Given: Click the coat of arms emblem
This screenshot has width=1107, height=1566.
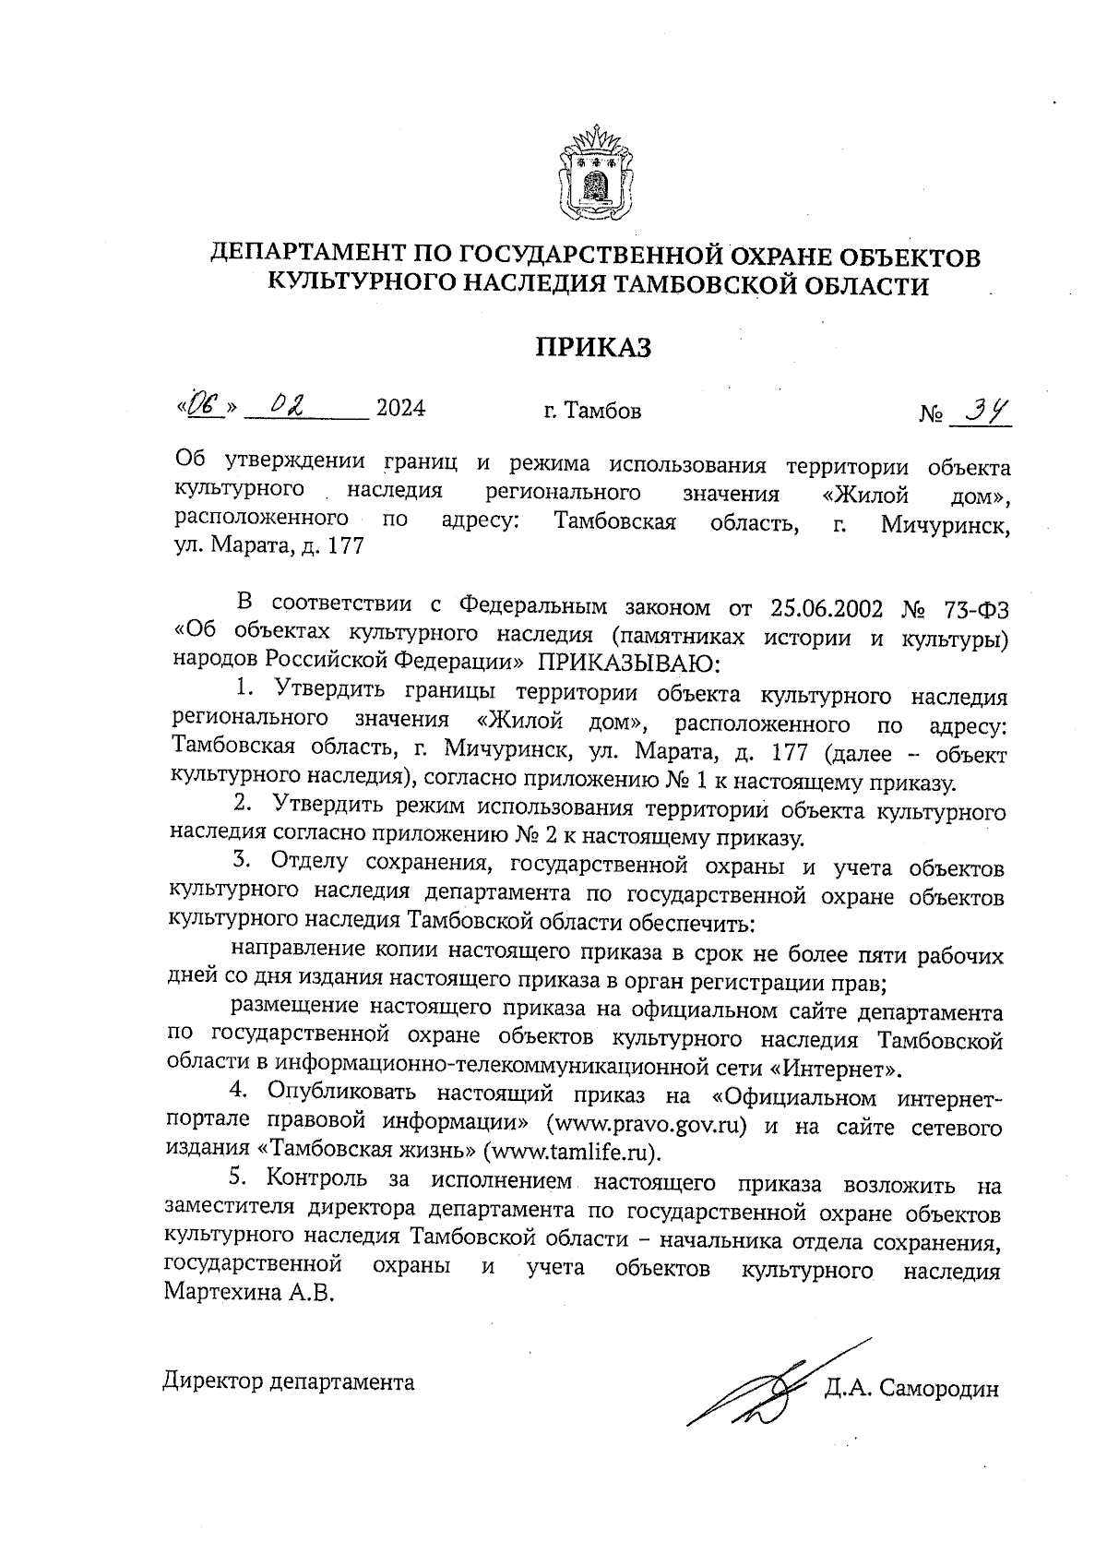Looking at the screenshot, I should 596,174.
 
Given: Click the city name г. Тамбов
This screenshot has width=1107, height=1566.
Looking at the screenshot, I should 592,410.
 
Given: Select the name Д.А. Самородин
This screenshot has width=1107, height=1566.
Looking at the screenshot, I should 912,1389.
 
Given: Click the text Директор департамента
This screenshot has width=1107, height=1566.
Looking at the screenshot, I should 289,1381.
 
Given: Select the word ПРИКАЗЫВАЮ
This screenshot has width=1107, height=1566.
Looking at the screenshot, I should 625,661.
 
